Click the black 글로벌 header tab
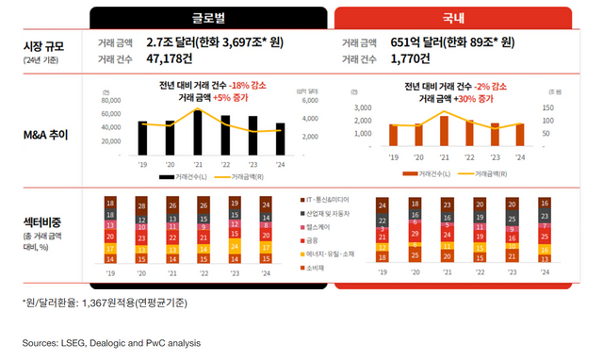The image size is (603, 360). [x=208, y=18]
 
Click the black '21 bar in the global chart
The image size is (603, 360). [x=198, y=132]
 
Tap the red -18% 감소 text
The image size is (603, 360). [x=246, y=85]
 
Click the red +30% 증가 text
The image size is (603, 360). [x=475, y=97]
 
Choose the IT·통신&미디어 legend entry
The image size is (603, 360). [x=325, y=200]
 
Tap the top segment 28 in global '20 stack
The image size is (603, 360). [x=142, y=205]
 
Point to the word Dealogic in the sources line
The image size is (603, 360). [x=115, y=342]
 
